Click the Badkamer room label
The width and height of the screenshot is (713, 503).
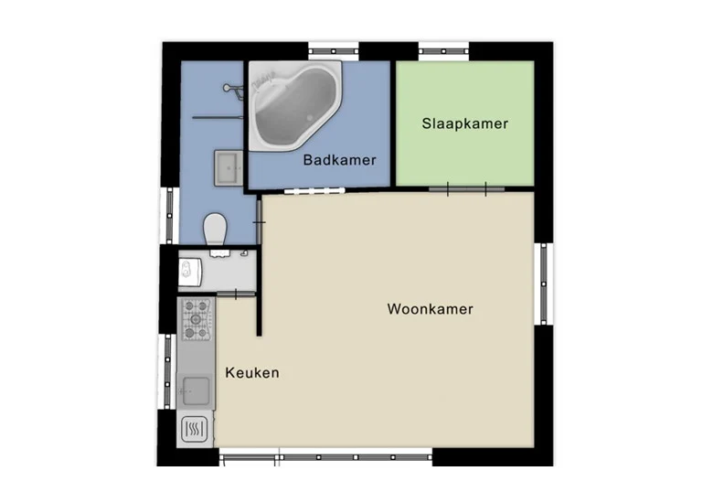coord(339,160)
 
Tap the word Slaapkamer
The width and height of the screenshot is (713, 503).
coord(464,123)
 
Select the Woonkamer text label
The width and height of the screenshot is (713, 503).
coord(431,309)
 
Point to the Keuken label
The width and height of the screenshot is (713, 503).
coord(252,373)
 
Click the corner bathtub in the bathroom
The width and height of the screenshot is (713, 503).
coord(294,105)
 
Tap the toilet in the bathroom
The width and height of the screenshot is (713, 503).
coord(215,229)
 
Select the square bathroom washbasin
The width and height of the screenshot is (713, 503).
coord(229,168)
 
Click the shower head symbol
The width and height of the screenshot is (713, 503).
coord(233,90)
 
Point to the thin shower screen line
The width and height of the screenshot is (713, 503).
coord(218,117)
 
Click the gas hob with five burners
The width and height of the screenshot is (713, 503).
coord(197,319)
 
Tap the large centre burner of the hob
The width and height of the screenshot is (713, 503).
coord(197,319)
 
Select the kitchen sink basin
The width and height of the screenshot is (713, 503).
coord(196,391)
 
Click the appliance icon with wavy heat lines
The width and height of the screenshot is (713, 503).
coord(195,429)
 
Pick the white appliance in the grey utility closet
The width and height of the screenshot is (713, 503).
coord(190,272)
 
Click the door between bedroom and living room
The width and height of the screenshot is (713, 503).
coord(466,188)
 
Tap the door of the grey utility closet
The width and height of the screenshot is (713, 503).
coord(236,294)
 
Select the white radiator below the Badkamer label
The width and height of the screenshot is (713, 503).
coord(314,190)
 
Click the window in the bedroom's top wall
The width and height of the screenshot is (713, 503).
coord(443,51)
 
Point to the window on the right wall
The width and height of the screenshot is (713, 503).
coord(544,284)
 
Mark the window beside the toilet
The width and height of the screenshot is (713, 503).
coord(170,216)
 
